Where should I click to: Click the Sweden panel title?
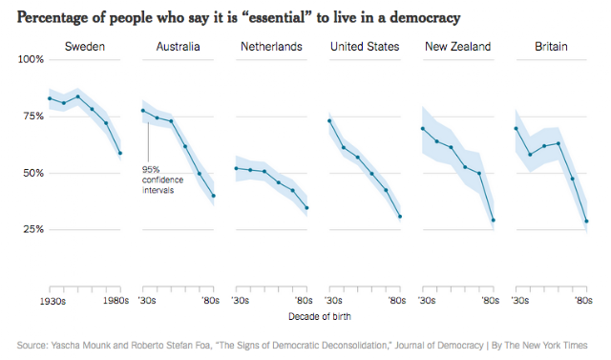85,47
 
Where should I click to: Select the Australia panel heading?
179,47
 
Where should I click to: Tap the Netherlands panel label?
271,47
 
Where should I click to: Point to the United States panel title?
365,47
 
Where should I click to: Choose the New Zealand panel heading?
458,47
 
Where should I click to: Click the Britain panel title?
551,47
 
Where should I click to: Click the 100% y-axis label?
31,59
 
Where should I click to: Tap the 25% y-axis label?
33,229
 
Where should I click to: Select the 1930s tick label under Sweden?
53,301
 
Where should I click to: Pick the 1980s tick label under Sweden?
116,301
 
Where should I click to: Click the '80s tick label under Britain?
583,301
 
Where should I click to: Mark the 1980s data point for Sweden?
120,153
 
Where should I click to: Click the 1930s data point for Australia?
143,111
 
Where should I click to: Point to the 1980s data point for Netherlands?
306,208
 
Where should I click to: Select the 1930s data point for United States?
329,120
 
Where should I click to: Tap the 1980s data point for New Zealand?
494,221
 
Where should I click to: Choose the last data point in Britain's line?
586,222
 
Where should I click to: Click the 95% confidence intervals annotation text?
162,180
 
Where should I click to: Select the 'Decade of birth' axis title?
320,317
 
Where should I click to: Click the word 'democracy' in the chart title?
425,18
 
